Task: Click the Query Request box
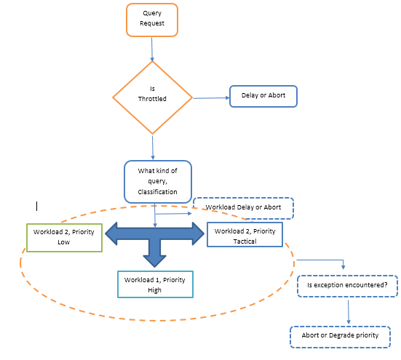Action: click(x=152, y=20)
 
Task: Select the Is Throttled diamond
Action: click(x=152, y=97)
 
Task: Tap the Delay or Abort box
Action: click(x=263, y=96)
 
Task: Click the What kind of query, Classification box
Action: click(x=158, y=182)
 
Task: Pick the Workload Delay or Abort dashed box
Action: click(x=243, y=208)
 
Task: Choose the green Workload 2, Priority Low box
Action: click(x=65, y=238)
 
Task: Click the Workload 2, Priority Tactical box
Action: click(x=245, y=235)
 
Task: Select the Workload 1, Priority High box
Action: click(x=155, y=284)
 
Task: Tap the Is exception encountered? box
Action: click(x=347, y=286)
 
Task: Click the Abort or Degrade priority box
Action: click(x=340, y=337)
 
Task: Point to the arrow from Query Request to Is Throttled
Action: click(x=152, y=49)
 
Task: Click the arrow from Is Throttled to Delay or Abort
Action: click(x=211, y=98)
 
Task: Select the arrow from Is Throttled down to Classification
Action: click(x=153, y=148)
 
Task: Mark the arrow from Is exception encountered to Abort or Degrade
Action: click(x=349, y=312)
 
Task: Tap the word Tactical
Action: click(x=245, y=241)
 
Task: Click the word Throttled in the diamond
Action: click(x=152, y=99)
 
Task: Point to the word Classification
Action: click(x=157, y=192)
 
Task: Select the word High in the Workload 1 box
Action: click(x=154, y=290)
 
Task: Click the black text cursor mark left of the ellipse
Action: click(x=37, y=206)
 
